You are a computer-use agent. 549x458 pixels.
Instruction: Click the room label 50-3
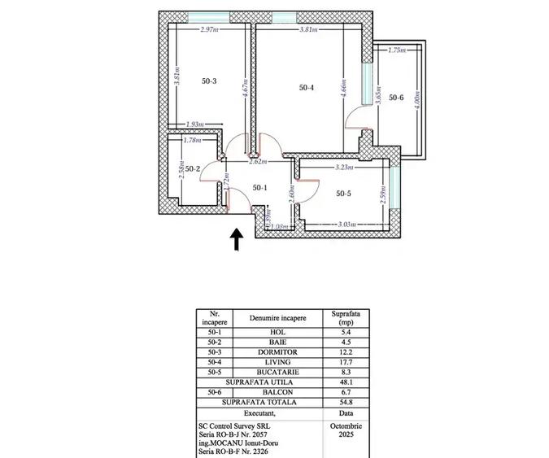(209, 81)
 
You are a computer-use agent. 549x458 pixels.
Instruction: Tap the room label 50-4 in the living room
(306, 87)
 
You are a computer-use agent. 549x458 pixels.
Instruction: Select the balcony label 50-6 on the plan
(396, 98)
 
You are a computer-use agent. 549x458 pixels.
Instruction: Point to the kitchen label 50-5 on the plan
(344, 193)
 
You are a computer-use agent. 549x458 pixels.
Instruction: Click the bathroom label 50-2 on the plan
(193, 169)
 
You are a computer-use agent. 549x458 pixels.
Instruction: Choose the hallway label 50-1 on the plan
(259, 188)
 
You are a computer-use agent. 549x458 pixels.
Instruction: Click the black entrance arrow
(237, 238)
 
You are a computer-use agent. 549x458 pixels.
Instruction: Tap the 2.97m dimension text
(210, 29)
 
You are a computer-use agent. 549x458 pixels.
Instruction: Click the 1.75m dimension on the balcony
(397, 50)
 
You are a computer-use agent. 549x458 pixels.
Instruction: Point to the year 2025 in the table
(342, 434)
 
